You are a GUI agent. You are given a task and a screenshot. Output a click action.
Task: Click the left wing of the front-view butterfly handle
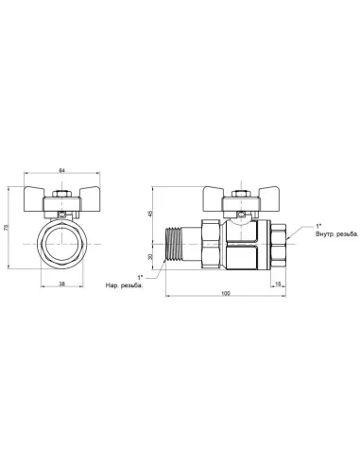[x=38, y=203]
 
